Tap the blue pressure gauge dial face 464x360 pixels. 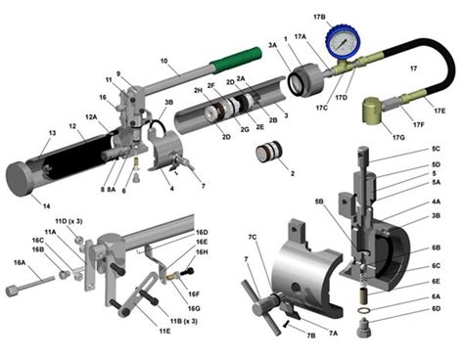(x=342, y=38)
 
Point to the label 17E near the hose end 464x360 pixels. (x=440, y=111)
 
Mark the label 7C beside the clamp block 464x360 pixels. (x=253, y=237)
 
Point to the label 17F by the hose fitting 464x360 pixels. (x=416, y=124)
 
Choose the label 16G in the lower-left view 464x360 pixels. (x=195, y=284)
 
